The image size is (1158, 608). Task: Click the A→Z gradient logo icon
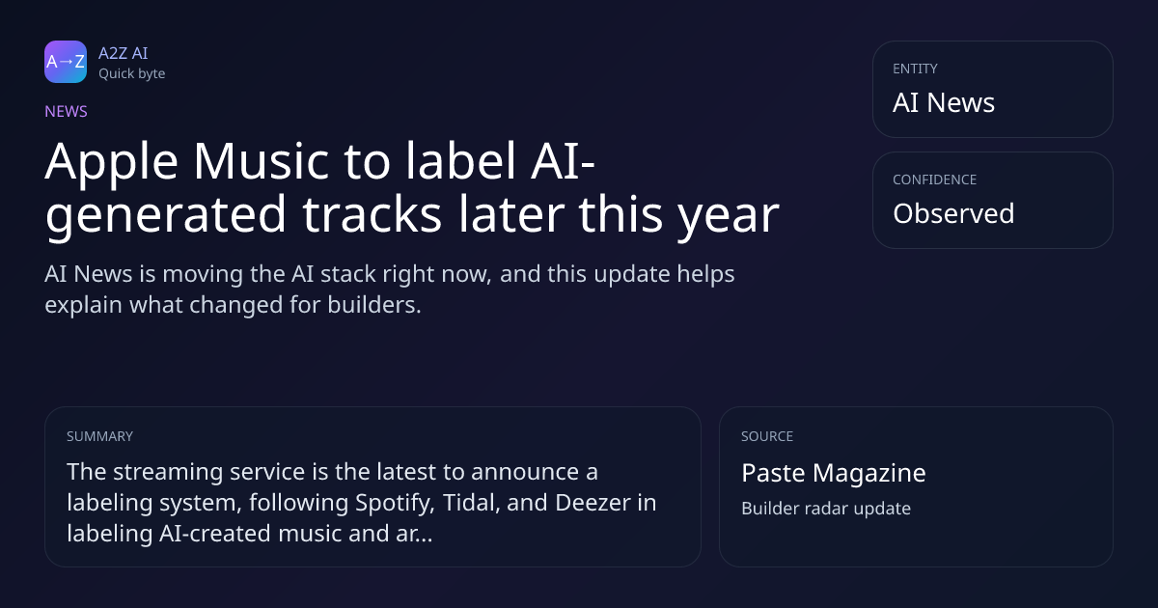coord(66,62)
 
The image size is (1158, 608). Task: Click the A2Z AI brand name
coord(124,53)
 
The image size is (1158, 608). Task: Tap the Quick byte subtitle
coord(132,74)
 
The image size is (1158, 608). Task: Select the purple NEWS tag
coord(66,112)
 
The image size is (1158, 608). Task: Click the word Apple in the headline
coord(112,163)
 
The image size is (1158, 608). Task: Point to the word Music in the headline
coord(262,161)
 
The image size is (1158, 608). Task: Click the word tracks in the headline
coord(372,214)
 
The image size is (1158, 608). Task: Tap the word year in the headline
coord(729,218)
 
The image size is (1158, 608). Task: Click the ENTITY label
coord(915,69)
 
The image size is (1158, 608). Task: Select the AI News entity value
coord(944,102)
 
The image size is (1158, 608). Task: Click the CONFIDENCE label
coord(935,180)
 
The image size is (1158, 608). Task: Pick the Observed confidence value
coord(953,213)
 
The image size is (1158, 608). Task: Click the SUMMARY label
coord(99,436)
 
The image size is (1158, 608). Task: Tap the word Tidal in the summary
coord(472,503)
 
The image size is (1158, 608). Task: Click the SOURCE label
coord(767,436)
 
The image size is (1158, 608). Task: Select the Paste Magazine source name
coord(834,474)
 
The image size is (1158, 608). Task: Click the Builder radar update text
coord(826,509)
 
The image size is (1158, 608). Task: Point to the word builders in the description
coord(374,305)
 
